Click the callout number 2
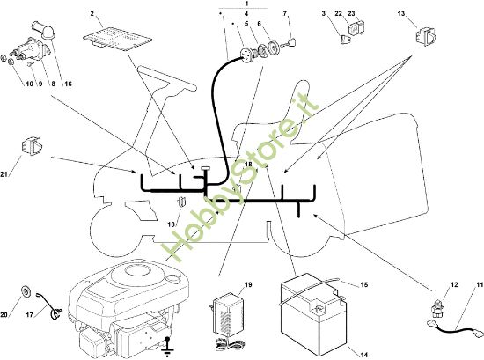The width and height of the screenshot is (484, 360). point(92,13)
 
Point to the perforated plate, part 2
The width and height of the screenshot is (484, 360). point(118,40)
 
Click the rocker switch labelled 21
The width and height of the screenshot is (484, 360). point(32,145)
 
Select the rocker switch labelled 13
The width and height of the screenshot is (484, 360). point(425,35)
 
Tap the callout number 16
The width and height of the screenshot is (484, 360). point(68,84)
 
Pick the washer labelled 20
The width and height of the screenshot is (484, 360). point(25,291)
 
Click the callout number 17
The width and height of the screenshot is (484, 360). point(29,315)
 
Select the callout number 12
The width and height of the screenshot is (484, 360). point(454,284)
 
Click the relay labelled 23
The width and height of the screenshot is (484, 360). point(356,29)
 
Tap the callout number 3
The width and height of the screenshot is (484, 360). point(324,13)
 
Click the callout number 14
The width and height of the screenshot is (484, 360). point(364,355)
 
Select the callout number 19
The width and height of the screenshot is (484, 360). point(248,284)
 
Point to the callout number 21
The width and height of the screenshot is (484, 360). point(4,174)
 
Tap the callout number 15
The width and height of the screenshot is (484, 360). point(364,284)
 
